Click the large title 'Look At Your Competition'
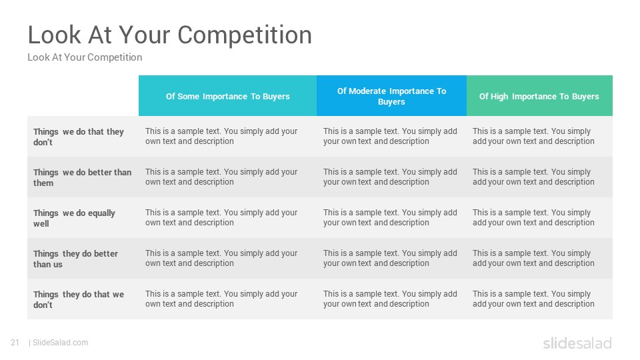tap(170, 35)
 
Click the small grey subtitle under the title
tap(85, 57)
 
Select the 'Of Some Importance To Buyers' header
tap(228, 96)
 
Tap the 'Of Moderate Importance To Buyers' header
tap(391, 96)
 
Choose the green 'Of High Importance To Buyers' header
tap(539, 96)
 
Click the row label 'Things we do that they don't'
tap(79, 137)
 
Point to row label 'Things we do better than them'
tap(83, 177)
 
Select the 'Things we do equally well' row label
tap(74, 218)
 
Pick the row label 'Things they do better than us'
tap(75, 259)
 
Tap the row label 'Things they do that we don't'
tap(79, 299)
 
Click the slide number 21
tap(15, 343)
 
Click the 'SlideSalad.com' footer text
tap(61, 343)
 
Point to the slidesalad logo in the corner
tap(577, 343)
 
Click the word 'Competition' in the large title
tap(245, 35)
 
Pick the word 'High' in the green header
tap(499, 96)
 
